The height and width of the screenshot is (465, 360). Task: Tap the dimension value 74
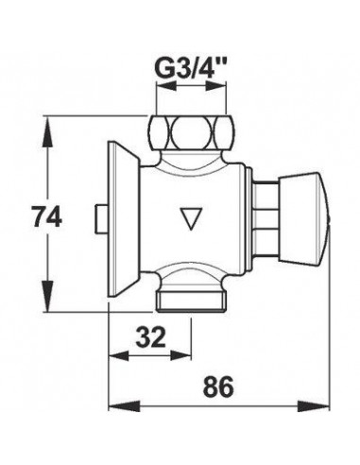click(x=47, y=215)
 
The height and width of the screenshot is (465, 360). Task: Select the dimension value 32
click(x=150, y=336)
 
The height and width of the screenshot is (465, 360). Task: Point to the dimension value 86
click(x=218, y=387)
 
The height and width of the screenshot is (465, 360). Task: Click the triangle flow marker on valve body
click(x=192, y=218)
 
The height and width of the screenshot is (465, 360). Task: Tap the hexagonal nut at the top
click(x=191, y=131)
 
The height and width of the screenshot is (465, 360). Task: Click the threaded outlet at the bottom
click(x=191, y=301)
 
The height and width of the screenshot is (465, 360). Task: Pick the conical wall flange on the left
click(x=123, y=218)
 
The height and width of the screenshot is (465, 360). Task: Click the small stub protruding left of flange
click(x=101, y=219)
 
